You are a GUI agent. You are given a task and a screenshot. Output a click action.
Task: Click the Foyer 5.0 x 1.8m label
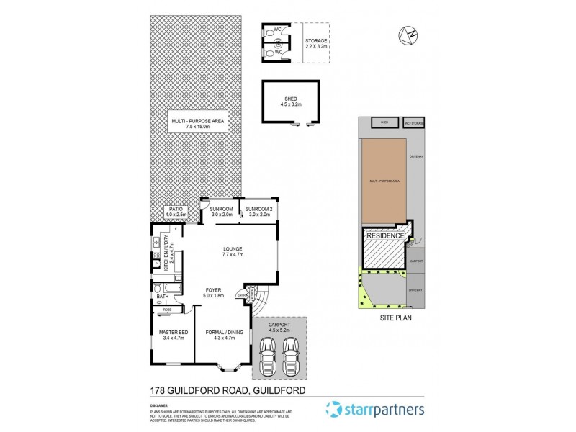tap(214, 292)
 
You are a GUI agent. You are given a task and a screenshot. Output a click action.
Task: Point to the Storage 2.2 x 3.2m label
tap(315, 44)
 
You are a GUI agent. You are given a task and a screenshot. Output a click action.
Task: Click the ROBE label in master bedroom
tap(168, 310)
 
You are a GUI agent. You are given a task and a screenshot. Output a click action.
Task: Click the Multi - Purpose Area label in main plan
tap(196, 122)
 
